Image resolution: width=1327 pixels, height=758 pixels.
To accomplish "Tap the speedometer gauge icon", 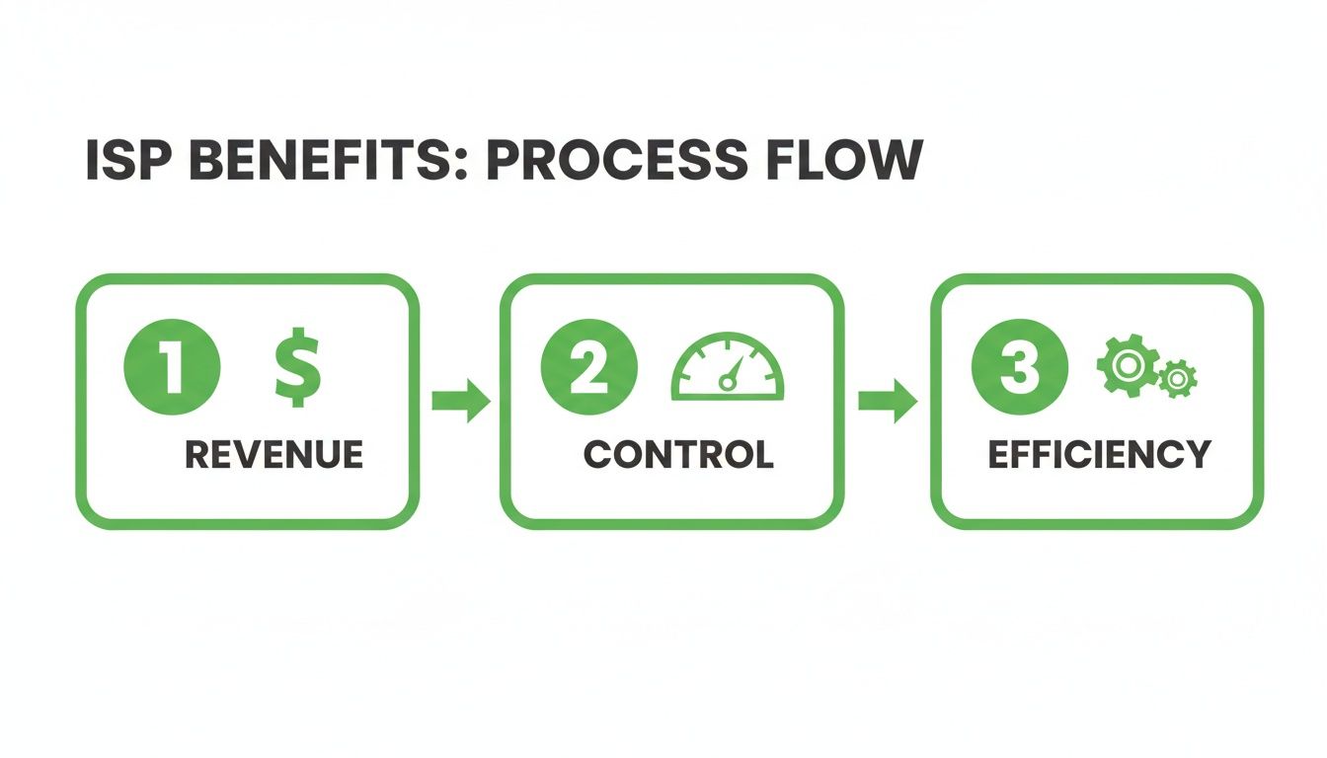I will [728, 369].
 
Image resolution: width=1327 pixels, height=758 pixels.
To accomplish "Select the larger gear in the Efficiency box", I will [1125, 363].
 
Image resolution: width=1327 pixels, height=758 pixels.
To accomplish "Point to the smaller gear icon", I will [1177, 378].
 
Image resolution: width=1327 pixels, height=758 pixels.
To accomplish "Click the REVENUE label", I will [274, 455].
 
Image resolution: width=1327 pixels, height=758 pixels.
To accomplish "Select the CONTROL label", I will [678, 455].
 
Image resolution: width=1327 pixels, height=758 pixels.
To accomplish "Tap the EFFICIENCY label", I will [1099, 455].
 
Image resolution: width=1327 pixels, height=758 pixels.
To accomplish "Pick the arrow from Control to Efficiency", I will [887, 400].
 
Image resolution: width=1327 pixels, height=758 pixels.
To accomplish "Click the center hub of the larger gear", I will [1125, 363].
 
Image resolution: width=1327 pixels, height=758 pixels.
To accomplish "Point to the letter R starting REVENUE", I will [197, 455].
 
